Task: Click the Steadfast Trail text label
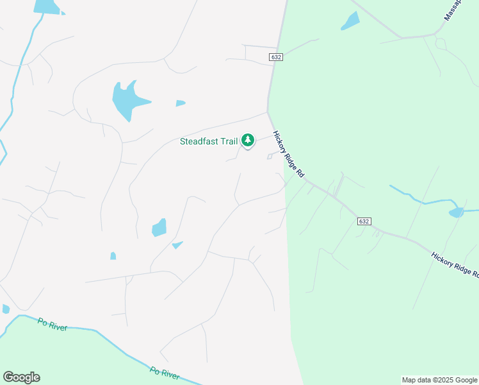(x=209, y=141)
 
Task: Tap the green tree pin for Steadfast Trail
(x=248, y=140)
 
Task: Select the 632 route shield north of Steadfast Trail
(x=276, y=57)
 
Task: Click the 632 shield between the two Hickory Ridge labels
(x=363, y=221)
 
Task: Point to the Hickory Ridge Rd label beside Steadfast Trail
(x=288, y=155)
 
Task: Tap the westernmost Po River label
(x=53, y=325)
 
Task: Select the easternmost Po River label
(x=164, y=372)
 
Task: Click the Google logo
(x=21, y=377)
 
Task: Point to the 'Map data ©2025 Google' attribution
(x=439, y=380)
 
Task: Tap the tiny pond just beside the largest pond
(x=181, y=103)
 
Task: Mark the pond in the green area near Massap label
(x=351, y=21)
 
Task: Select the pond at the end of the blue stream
(x=457, y=212)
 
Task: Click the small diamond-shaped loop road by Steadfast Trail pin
(x=270, y=157)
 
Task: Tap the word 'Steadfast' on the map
(x=199, y=141)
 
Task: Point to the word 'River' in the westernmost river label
(x=58, y=327)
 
